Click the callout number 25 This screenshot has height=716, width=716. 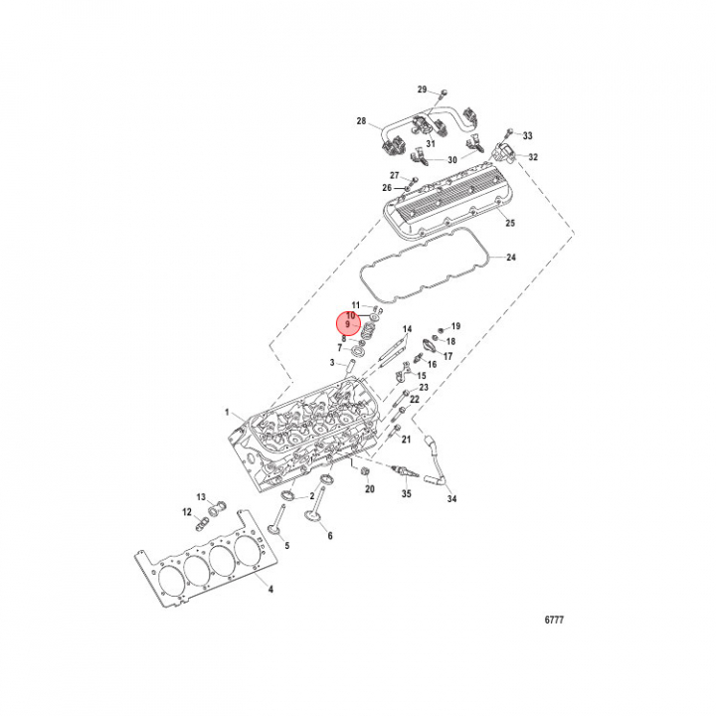tap(510, 223)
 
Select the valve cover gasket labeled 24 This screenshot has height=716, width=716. tap(425, 265)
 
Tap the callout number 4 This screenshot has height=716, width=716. tap(270, 589)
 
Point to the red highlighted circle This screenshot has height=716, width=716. tap(348, 323)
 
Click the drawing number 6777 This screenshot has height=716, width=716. tap(554, 620)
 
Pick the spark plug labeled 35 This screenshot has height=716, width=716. tap(405, 472)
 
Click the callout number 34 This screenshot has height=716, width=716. tap(451, 498)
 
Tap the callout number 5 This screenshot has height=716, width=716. tap(287, 545)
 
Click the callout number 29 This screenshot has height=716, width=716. tap(422, 89)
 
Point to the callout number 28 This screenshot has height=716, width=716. tap(361, 121)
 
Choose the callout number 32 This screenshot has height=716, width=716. tap(533, 157)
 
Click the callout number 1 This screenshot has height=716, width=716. tap(227, 413)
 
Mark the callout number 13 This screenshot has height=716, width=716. tap(201, 497)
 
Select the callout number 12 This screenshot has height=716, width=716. tap(187, 512)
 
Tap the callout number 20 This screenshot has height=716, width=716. tap(369, 489)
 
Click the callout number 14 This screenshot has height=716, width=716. tap(407, 329)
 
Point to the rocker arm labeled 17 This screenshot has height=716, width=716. tap(433, 345)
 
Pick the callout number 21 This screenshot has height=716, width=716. tap(406, 440)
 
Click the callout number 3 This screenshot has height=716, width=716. tap(332, 363)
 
